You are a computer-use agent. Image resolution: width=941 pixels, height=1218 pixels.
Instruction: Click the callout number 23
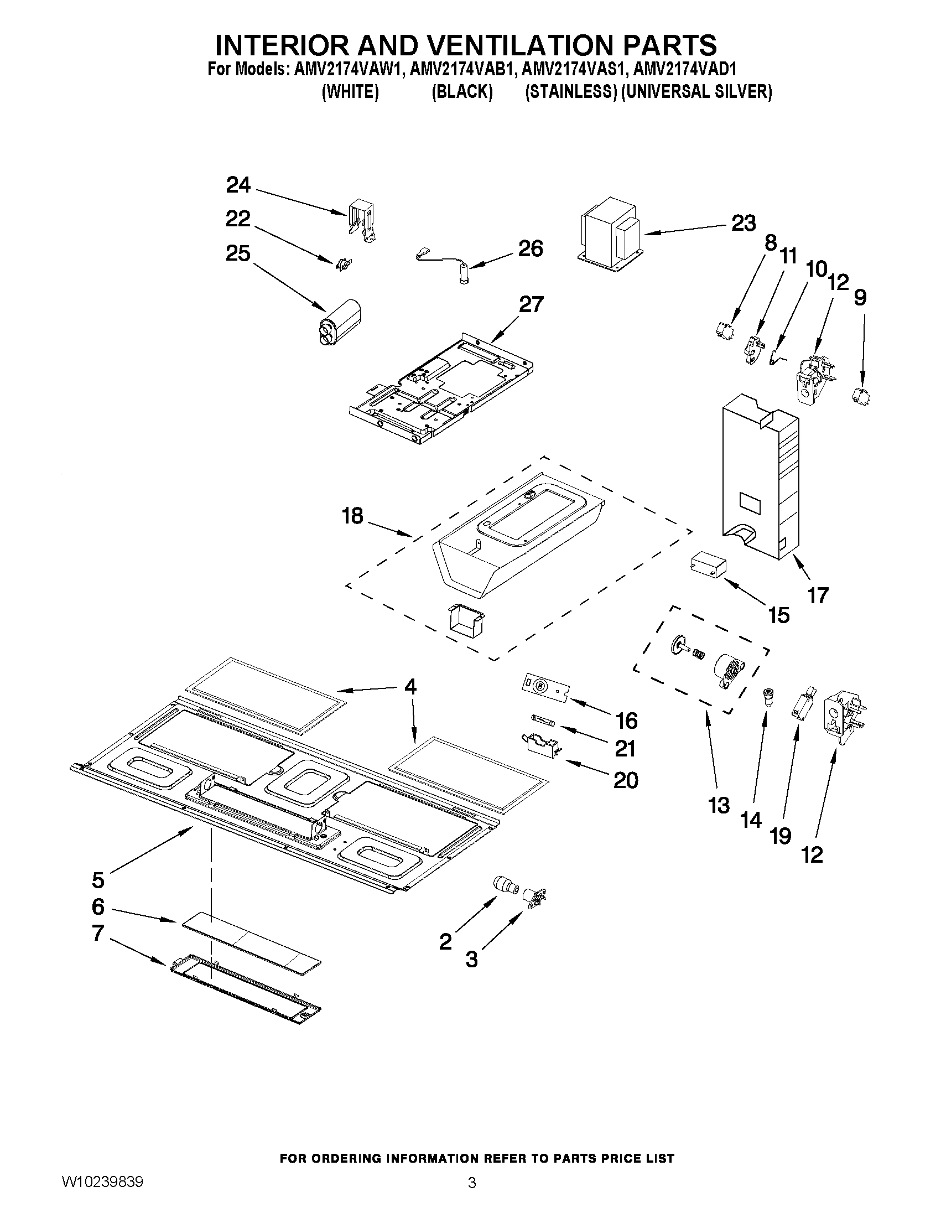[743, 223]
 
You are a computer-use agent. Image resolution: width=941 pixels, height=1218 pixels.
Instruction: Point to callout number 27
[531, 305]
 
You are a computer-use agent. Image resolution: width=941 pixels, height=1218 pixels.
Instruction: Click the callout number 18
[352, 516]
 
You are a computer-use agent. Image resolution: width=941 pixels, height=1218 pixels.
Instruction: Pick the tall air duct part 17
[759, 480]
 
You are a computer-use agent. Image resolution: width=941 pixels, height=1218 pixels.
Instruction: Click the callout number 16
[627, 721]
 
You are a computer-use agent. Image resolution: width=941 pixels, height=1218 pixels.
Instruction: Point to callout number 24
[238, 185]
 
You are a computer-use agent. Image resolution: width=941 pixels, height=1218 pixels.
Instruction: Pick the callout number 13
[719, 805]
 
